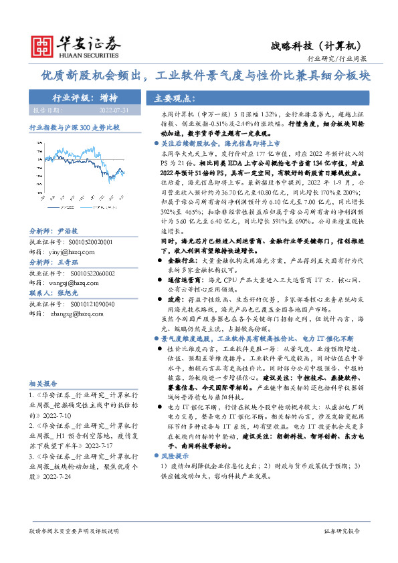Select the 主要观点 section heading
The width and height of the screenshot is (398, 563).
[173, 97]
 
